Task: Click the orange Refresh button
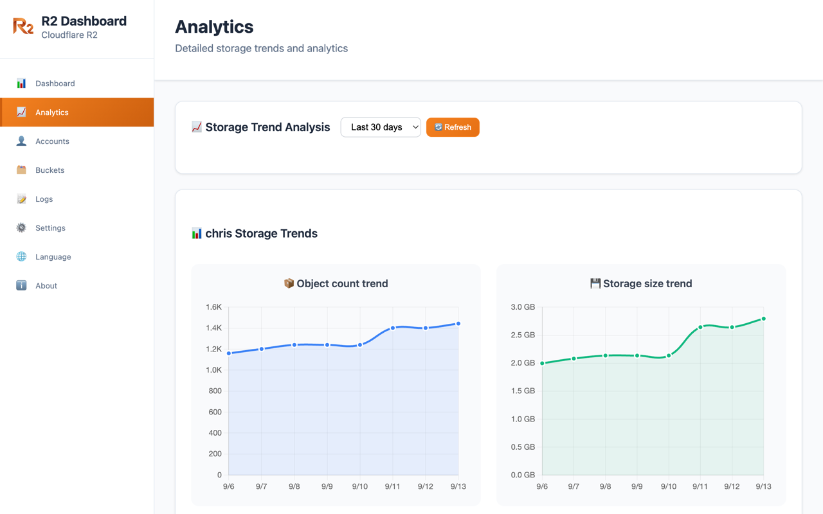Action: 453,127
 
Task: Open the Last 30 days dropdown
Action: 381,127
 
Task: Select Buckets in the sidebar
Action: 50,170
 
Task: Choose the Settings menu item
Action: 50,228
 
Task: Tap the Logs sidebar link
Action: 44,199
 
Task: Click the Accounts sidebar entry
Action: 52,141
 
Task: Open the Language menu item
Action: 53,257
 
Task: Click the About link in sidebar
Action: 46,286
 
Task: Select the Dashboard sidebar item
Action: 55,84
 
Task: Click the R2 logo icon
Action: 23,26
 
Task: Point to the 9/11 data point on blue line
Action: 393,328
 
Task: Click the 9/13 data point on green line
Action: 764,319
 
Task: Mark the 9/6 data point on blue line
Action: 229,353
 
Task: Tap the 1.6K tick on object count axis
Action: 213,307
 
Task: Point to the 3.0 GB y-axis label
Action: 522,307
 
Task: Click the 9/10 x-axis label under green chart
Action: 669,486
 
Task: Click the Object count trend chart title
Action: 336,283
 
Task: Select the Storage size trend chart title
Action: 641,283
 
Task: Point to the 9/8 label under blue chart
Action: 294,486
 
